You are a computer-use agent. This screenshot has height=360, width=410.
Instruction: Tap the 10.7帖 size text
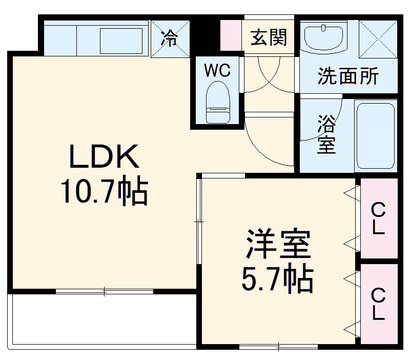[104, 192]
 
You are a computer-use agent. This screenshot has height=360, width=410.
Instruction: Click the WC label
[217, 71]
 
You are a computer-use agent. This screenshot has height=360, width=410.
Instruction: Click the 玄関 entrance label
[268, 37]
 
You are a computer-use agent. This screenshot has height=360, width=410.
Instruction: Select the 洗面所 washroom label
[348, 76]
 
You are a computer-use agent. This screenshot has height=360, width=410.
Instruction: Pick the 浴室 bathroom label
[326, 134]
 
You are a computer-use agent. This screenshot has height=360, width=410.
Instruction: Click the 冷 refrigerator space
[170, 37]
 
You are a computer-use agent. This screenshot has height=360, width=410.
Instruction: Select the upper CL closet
[379, 218]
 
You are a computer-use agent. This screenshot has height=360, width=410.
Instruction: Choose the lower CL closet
[379, 304]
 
